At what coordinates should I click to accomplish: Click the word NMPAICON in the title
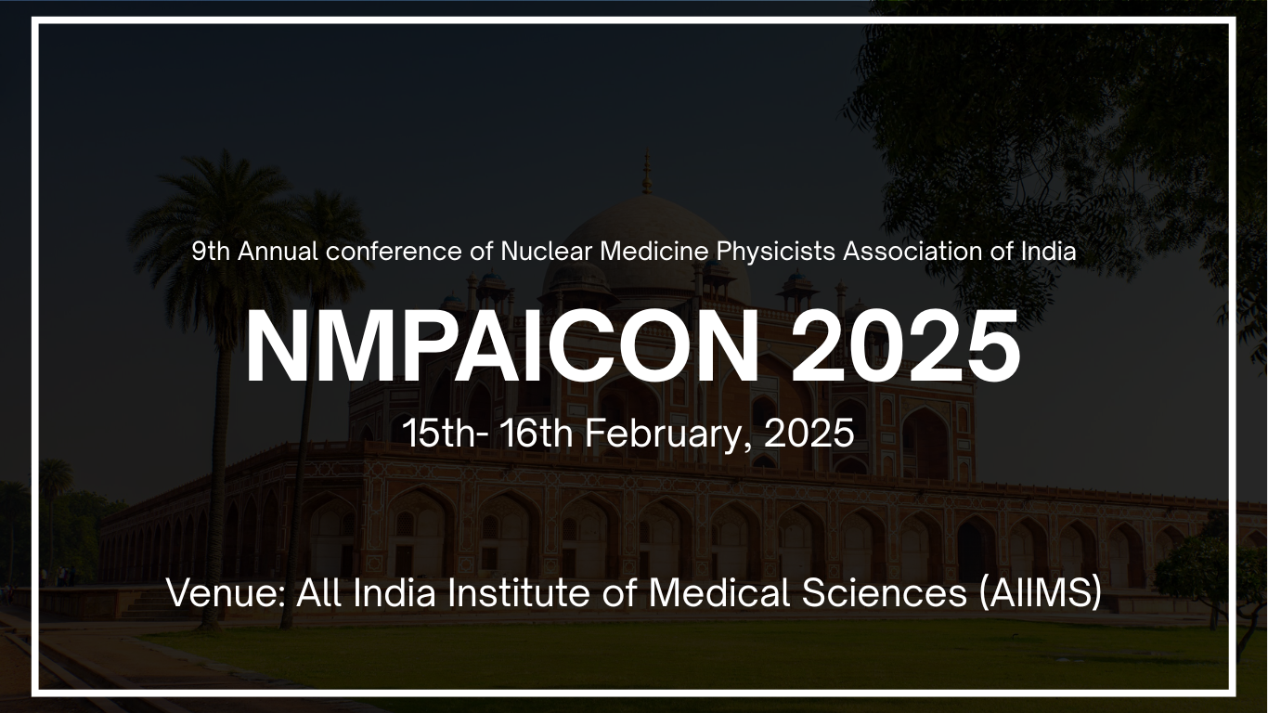coord(501,346)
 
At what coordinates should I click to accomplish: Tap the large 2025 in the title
coord(906,346)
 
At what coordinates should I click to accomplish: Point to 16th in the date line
coord(537,434)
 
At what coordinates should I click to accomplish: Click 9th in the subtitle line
coord(211,252)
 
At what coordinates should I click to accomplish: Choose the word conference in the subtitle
coord(394,252)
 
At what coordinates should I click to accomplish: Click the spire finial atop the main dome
coord(647,172)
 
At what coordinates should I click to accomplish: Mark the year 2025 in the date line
coord(809,434)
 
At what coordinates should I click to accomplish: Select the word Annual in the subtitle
coord(278,252)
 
